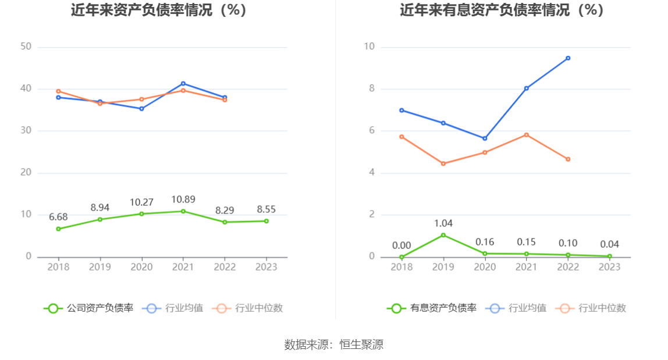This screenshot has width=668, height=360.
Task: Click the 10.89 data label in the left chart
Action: (183, 199)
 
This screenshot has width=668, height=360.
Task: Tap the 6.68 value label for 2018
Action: (58, 217)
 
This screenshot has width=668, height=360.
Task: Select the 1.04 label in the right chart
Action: (443, 223)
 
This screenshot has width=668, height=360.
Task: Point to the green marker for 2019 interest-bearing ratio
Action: (443, 235)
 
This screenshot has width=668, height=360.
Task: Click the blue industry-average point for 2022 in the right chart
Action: (568, 58)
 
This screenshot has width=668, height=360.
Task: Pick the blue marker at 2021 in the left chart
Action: (183, 83)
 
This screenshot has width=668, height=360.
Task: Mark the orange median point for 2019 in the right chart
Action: (443, 163)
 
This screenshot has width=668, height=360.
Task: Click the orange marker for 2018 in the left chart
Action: (58, 91)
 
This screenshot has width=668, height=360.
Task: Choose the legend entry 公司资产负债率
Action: (88, 308)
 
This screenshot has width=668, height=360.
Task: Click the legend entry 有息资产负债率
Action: (432, 308)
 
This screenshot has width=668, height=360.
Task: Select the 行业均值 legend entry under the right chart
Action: (518, 308)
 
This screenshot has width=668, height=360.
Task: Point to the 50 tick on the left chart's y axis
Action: (26, 47)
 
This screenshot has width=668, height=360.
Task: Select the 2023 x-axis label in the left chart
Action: (267, 267)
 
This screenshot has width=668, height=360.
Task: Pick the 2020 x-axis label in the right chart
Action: (485, 267)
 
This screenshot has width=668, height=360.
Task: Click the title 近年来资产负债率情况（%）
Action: (159, 10)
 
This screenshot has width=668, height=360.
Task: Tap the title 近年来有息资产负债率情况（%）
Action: (502, 10)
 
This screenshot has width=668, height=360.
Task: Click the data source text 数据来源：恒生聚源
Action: (333, 344)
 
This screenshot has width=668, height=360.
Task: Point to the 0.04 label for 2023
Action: (610, 244)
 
